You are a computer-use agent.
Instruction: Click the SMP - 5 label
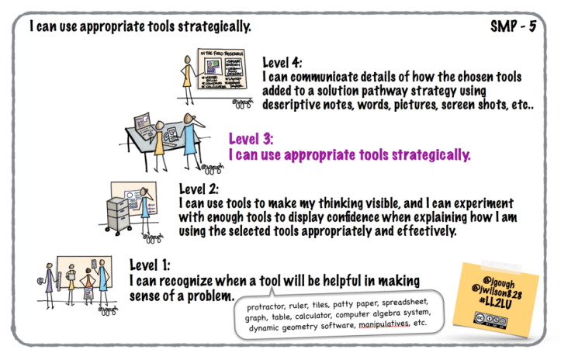513,26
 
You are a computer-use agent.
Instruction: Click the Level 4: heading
284,63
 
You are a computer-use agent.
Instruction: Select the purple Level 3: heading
251,139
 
